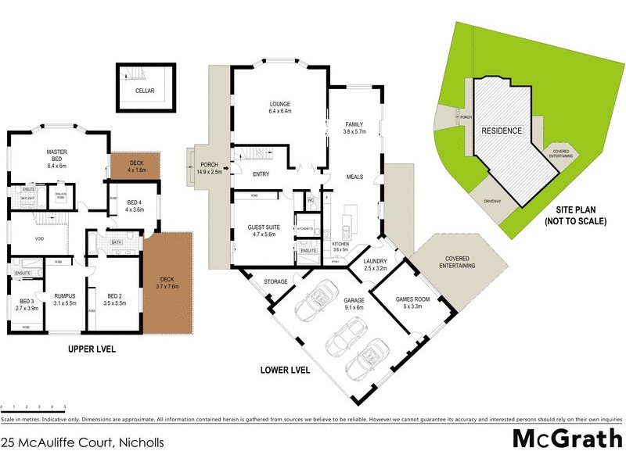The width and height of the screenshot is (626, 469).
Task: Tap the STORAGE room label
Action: (275, 281)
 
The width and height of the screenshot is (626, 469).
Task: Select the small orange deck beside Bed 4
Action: (135, 165)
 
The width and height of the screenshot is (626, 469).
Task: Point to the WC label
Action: (310, 199)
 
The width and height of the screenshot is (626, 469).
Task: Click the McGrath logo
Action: (567, 439)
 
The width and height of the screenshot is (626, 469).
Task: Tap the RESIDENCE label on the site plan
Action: (501, 131)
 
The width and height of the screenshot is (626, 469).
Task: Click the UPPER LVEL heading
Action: (92, 349)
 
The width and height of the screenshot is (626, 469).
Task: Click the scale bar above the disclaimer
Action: (32, 407)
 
